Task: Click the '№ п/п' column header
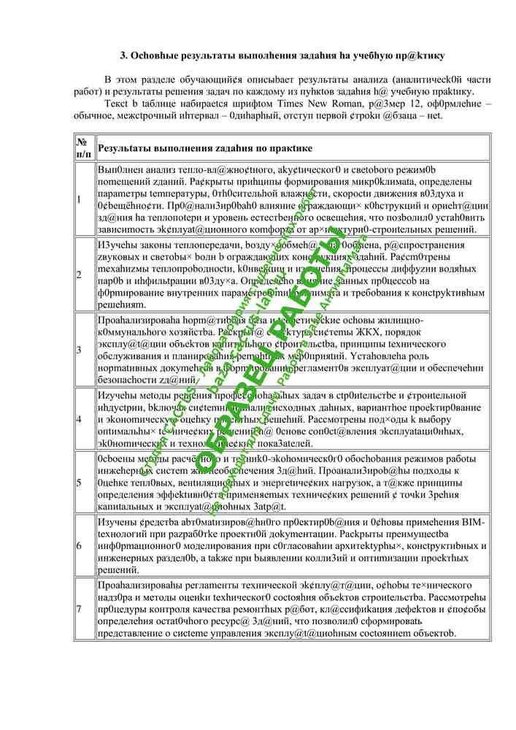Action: [x=84, y=148]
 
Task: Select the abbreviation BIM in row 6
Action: [x=475, y=523]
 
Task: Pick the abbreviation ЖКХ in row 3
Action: [x=355, y=332]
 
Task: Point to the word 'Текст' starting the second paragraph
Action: [x=118, y=104]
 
